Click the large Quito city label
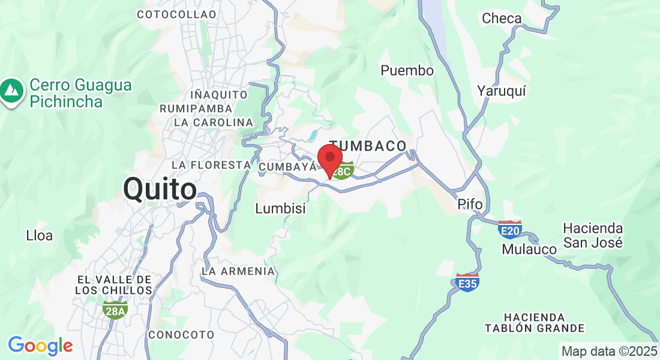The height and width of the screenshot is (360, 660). click(160, 190)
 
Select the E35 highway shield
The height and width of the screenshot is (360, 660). click(467, 282)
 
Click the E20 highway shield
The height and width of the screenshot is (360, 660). click(509, 229)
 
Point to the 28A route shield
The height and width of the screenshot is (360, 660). click(115, 310)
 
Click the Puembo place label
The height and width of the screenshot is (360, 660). click(407, 71)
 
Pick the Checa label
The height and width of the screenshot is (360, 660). click(502, 19)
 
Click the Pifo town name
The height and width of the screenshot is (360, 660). click(470, 205)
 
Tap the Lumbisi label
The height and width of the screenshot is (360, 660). click(280, 209)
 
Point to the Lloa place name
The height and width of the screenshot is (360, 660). click(40, 236)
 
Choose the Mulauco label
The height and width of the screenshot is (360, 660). click(529, 249)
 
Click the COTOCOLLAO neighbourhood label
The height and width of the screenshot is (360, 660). click(176, 14)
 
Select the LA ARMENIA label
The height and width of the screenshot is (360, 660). click(238, 271)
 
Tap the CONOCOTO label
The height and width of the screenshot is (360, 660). click(181, 334)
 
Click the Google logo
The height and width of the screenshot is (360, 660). click(40, 346)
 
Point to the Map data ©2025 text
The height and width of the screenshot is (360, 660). click(608, 351)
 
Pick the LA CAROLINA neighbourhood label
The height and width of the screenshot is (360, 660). click(214, 122)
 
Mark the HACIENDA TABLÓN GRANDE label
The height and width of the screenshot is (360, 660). click(535, 322)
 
